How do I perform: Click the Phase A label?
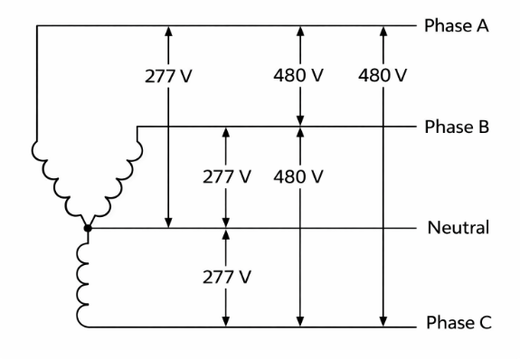457,25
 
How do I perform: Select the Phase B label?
457,127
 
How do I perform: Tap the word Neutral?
459,227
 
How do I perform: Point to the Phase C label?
459,324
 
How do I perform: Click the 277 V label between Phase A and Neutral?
168,75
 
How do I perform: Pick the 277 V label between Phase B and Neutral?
224,175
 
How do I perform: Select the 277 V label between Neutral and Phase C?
224,276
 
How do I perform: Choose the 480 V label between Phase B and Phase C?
299,175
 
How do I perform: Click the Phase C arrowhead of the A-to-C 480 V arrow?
383,318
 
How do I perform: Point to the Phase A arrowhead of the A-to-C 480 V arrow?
383,32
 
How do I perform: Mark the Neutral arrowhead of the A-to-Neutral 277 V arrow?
168,222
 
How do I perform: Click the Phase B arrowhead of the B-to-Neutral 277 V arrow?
224,133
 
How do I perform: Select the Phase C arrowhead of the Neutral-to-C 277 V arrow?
224,318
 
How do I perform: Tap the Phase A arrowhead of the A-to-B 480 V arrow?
299,32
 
